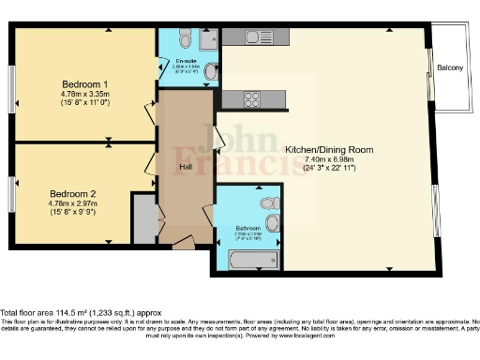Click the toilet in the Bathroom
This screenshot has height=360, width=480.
click(x=269, y=201)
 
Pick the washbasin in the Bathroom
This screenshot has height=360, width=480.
click(x=273, y=222)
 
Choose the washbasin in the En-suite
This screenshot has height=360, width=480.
click(x=212, y=71)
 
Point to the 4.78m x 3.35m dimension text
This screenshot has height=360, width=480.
click(x=79, y=95)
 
